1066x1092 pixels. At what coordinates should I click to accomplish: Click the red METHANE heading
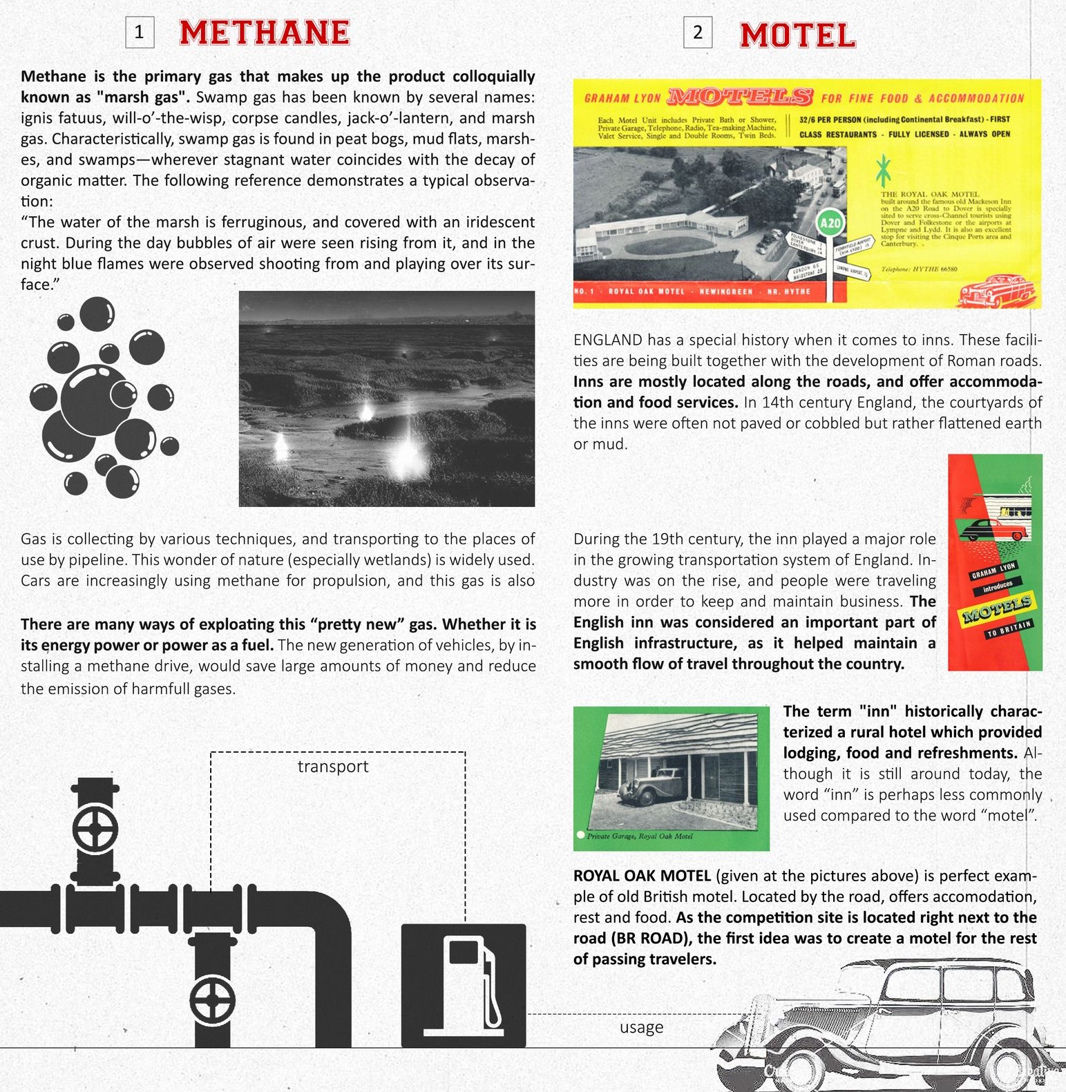[265, 32]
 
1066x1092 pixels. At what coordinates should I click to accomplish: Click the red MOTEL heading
[797, 35]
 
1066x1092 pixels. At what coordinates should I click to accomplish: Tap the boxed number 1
[140, 32]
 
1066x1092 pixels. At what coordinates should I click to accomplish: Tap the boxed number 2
[698, 32]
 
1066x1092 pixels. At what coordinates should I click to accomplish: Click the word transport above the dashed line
[333, 767]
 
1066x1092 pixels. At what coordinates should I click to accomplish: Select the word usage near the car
[641, 1027]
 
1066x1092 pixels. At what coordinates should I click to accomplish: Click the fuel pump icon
[464, 986]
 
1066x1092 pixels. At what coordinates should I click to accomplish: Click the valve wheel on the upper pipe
[95, 830]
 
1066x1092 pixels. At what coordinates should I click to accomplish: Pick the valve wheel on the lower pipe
[213, 1001]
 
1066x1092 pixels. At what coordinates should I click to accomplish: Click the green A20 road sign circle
[830, 223]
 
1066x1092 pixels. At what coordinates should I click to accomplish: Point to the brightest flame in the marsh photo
[406, 457]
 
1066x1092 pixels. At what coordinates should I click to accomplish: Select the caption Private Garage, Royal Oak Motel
[640, 836]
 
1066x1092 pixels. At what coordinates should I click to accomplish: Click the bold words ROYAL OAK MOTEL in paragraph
[642, 876]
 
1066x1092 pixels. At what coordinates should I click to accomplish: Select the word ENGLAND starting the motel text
[607, 340]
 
